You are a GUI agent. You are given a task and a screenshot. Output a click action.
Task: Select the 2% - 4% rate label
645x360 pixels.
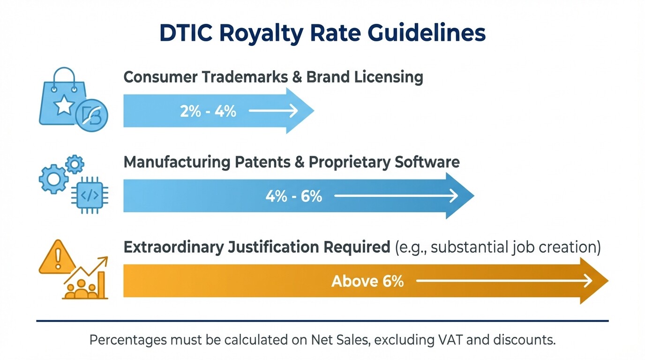(208, 111)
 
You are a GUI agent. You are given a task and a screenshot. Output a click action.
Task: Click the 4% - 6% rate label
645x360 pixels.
(294, 196)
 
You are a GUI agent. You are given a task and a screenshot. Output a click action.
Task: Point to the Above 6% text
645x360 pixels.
(367, 281)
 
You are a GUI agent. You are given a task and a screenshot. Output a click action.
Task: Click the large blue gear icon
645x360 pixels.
(53, 179)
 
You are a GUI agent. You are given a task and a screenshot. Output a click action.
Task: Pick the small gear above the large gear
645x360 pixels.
(75, 164)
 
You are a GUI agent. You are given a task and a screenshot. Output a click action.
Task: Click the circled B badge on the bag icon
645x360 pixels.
(91, 115)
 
